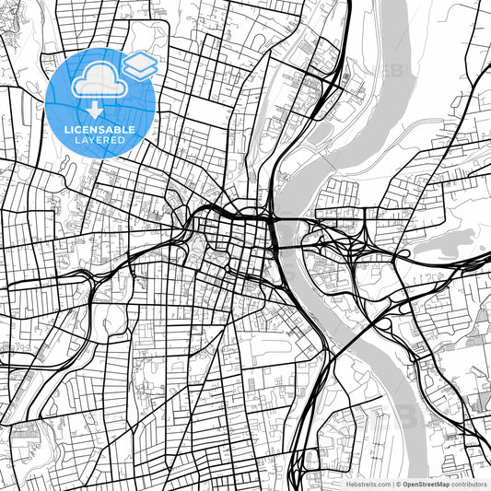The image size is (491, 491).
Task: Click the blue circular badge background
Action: [64, 101]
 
